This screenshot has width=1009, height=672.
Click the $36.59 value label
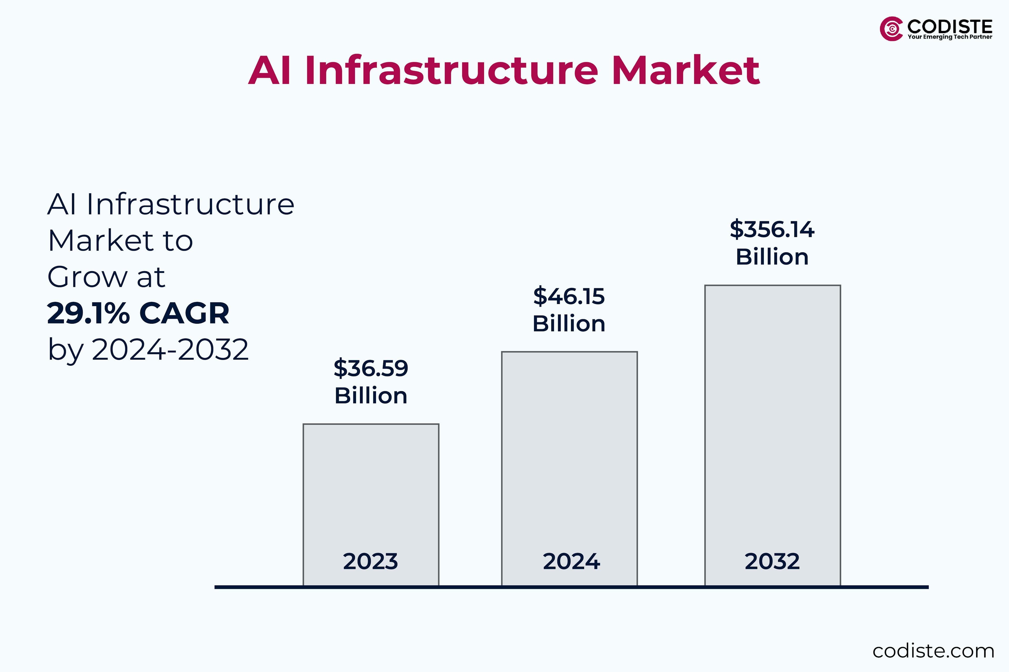pos(371,368)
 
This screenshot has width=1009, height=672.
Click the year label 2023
pos(371,561)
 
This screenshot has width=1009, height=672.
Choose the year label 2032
pos(772,561)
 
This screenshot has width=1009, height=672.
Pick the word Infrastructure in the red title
pos(451,70)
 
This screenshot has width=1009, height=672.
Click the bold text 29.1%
pos(88,313)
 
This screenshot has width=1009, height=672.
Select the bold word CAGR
pos(184,313)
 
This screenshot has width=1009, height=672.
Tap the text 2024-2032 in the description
pos(170,350)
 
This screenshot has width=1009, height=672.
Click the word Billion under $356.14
pos(772,257)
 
